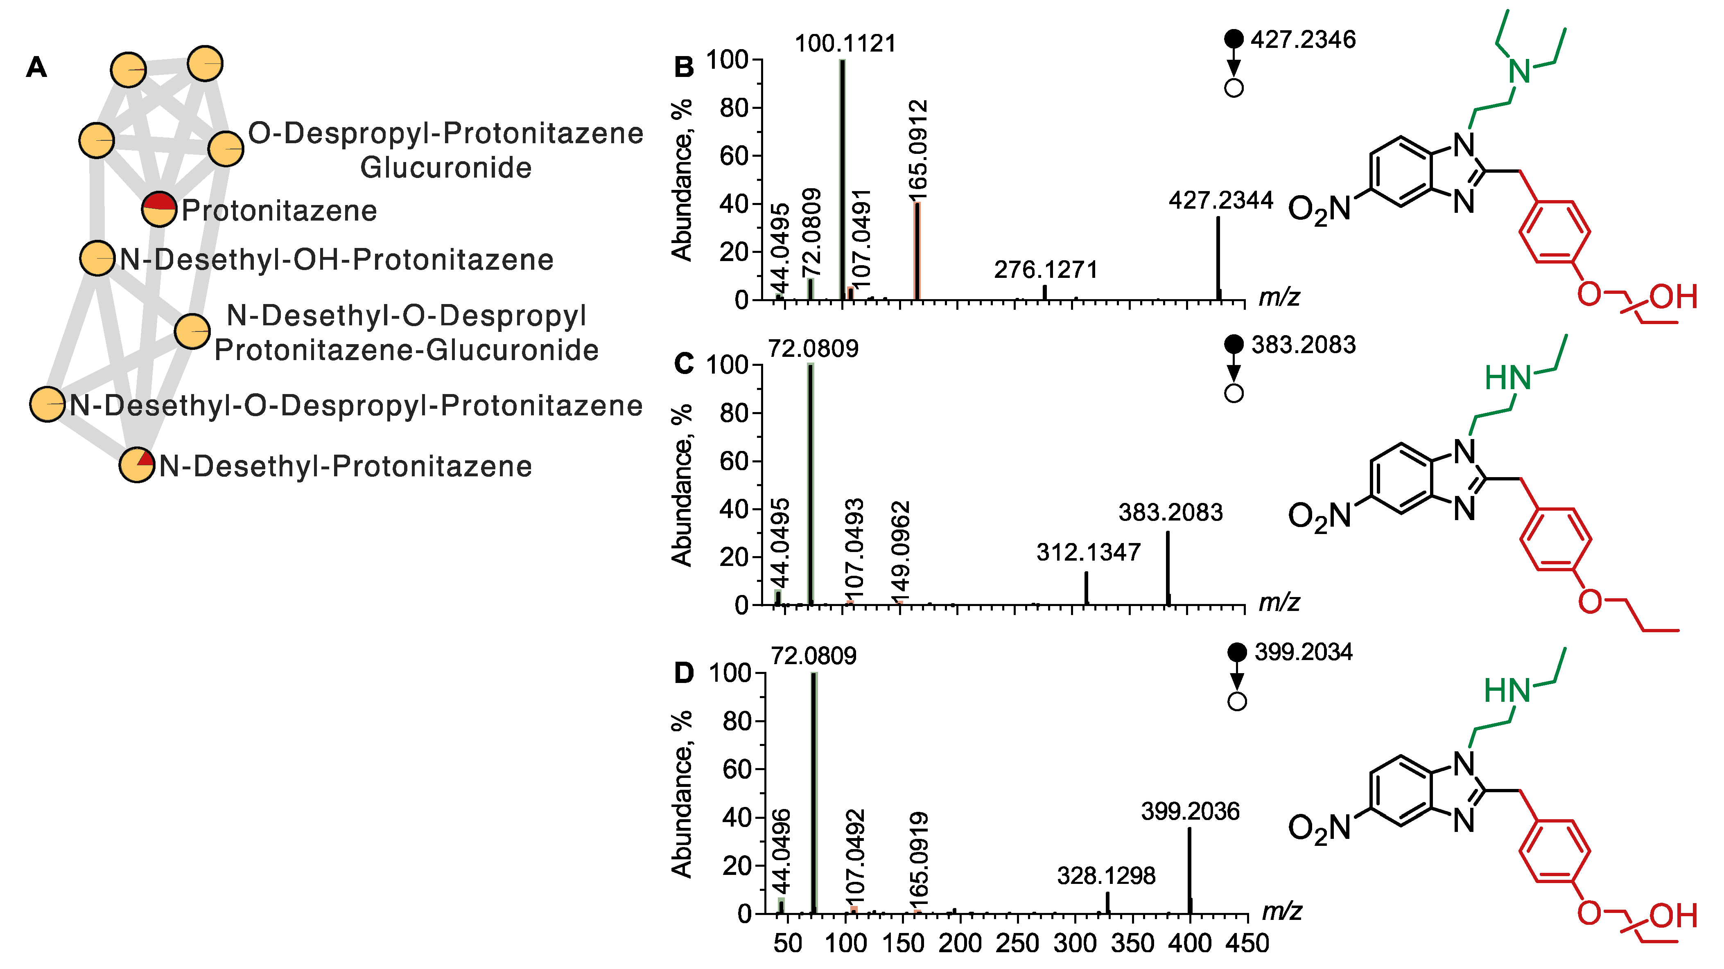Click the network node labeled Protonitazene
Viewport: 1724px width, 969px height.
coord(159,210)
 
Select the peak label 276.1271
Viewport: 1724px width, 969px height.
coord(1045,270)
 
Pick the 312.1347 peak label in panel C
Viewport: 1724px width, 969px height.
coord(1088,552)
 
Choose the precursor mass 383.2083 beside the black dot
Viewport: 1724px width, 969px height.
coord(1303,345)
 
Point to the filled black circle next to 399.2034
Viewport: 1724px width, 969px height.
coord(1237,652)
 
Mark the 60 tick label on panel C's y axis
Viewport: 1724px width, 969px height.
coord(734,462)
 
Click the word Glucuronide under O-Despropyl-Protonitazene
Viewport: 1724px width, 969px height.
coord(446,167)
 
